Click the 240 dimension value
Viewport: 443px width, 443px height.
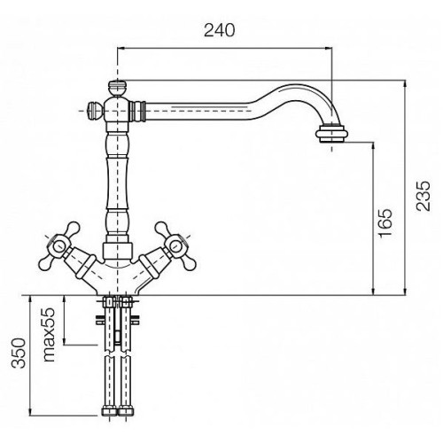point(220,30)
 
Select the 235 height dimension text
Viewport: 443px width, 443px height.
point(424,196)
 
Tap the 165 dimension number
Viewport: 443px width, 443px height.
point(385,223)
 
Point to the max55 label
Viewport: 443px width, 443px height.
point(49,335)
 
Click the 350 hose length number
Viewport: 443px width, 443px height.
point(19,353)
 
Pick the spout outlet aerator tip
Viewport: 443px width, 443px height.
point(331,134)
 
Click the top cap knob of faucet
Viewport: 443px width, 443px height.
point(118,89)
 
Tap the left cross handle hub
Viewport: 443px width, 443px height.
point(58,245)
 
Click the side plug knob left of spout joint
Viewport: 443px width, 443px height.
point(95,111)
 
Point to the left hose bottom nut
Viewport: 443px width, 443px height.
point(109,411)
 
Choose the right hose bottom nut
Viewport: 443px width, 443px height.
point(126,411)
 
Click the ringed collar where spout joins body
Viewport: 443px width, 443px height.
point(137,111)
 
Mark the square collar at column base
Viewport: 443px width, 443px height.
point(118,251)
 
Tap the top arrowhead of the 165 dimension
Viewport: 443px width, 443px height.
point(374,146)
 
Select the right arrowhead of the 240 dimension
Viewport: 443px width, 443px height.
point(328,48)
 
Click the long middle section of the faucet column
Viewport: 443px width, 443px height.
point(118,183)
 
